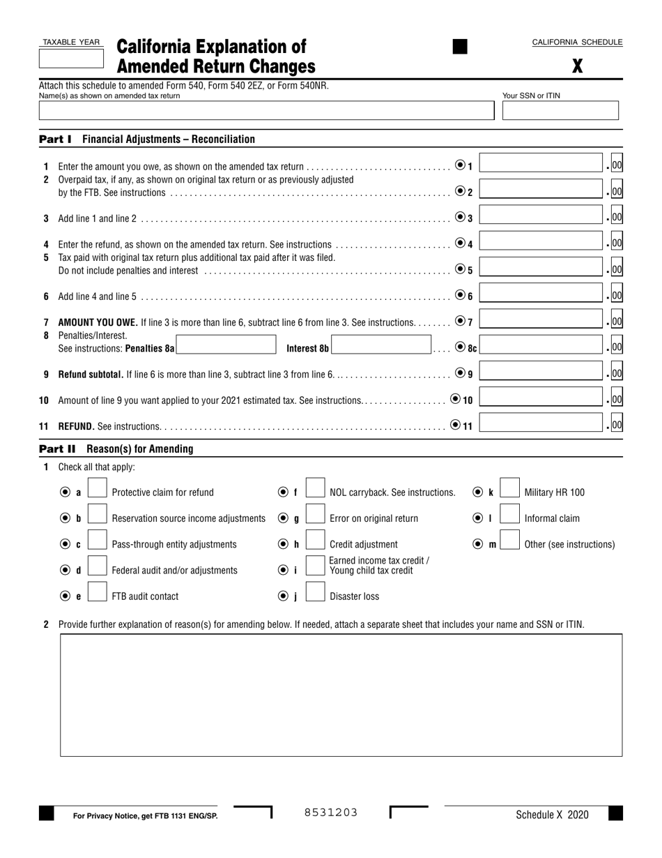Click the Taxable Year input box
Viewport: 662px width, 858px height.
click(x=70, y=59)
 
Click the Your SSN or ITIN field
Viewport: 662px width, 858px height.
click(x=560, y=111)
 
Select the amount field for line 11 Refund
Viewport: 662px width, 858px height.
click(x=541, y=423)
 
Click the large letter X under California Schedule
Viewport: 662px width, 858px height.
click(x=577, y=66)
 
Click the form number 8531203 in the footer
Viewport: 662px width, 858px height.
click(x=331, y=812)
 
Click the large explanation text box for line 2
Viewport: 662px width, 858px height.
click(x=341, y=695)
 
